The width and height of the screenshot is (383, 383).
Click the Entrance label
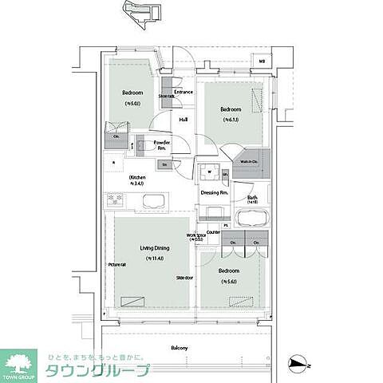tap(184, 93)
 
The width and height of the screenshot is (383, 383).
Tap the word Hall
tap(183, 120)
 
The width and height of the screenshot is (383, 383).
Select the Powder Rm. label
tap(160, 146)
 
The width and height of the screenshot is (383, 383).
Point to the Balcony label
tap(179, 349)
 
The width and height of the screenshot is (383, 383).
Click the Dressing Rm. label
tap(214, 193)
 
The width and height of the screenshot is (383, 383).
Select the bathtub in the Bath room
tap(252, 219)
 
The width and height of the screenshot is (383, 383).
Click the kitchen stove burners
tap(113, 199)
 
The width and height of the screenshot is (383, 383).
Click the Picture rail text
tap(117, 264)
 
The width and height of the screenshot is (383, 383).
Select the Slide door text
tap(186, 277)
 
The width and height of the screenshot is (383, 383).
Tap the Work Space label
tap(196, 238)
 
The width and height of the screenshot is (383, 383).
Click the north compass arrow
tap(297, 364)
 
